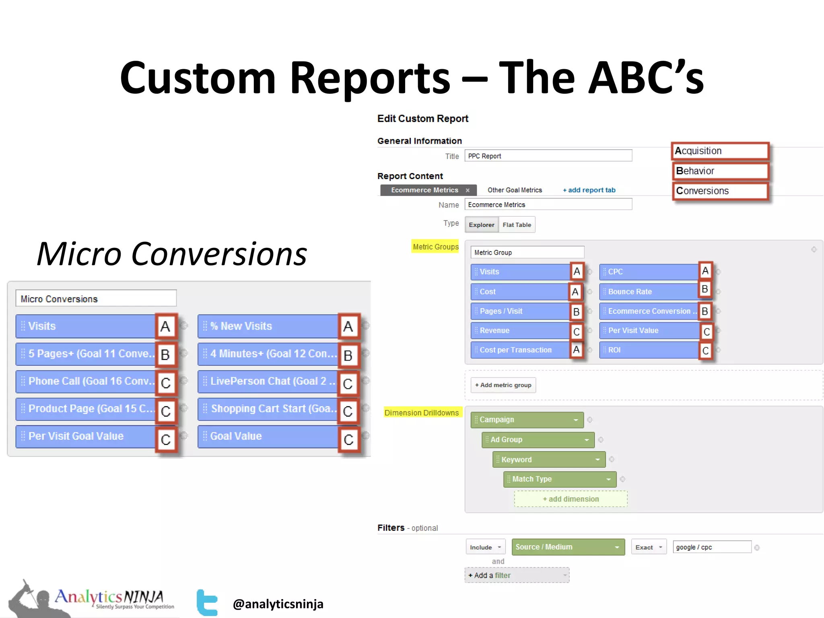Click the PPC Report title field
pyautogui.click(x=548, y=156)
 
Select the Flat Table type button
pyautogui.click(x=517, y=225)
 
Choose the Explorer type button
pyautogui.click(x=481, y=225)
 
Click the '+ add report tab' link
pyautogui.click(x=589, y=190)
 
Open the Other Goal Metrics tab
pyautogui.click(x=515, y=190)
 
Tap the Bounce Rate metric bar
pyautogui.click(x=648, y=291)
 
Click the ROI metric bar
pyautogui.click(x=648, y=350)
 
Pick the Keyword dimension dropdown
pyautogui.click(x=548, y=459)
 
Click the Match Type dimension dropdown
pyautogui.click(x=559, y=479)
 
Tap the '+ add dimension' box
pyautogui.click(x=571, y=499)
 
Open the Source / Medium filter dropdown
pyautogui.click(x=568, y=547)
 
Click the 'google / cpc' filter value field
pyautogui.click(x=711, y=547)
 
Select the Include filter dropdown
pyautogui.click(x=485, y=547)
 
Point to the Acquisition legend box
pyautogui.click(x=720, y=151)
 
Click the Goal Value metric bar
pyautogui.click(x=268, y=436)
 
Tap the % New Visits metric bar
pyautogui.click(x=268, y=326)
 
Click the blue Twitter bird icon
pyautogui.click(x=207, y=602)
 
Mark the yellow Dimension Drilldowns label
pyautogui.click(x=421, y=412)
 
